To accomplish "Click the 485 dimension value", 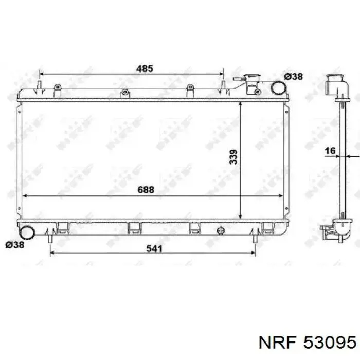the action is [x=145, y=68].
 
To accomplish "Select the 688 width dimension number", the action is [x=146, y=190].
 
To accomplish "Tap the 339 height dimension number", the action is [x=233, y=157].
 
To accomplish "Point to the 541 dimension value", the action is [x=154, y=248].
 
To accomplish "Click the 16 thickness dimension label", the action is [x=330, y=151].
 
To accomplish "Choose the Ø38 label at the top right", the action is [x=294, y=76].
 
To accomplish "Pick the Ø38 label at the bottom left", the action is [x=15, y=245].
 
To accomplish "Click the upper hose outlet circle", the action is [x=279, y=87].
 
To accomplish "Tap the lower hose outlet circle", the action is [x=27, y=233].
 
